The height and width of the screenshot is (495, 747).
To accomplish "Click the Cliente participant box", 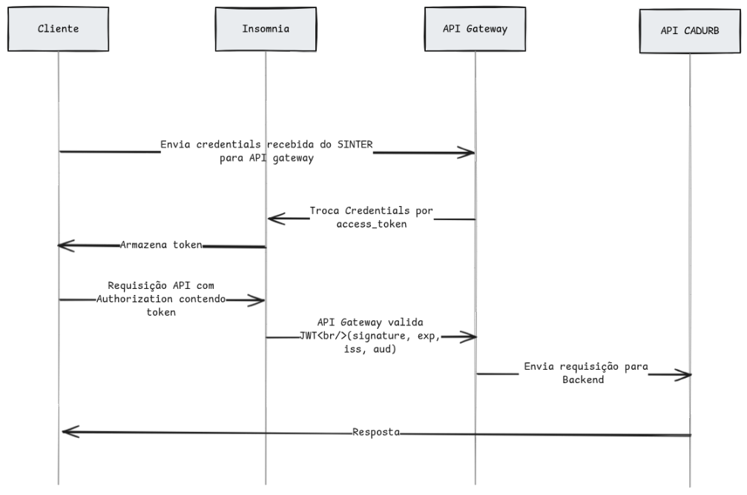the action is point(58,29).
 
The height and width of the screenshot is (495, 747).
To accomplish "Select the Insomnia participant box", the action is point(266,29).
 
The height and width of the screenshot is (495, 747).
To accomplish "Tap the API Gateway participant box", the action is point(475,29).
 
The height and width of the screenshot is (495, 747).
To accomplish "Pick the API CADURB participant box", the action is point(690,31).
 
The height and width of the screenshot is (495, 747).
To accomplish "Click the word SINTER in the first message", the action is point(355,144).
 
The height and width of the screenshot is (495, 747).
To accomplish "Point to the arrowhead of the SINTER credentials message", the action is point(473,153).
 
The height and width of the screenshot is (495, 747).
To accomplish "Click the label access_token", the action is point(372,225).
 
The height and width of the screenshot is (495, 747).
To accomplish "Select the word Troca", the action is point(324,210).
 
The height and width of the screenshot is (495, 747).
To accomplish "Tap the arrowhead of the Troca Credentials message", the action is point(269,219).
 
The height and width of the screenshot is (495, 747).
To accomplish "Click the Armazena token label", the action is point(161,245).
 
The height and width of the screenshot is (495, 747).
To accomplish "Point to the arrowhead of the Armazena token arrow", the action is point(59,245).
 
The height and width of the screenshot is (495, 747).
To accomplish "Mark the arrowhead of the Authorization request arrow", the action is point(263,300).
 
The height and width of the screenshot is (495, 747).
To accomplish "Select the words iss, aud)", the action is point(370,349).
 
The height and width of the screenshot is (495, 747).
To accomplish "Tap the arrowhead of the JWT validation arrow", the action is point(475,337).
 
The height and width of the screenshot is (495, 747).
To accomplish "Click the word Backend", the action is point(583,380).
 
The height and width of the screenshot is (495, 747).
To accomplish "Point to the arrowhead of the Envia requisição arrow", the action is point(689,375).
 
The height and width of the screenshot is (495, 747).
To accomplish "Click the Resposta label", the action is point(376,432).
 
